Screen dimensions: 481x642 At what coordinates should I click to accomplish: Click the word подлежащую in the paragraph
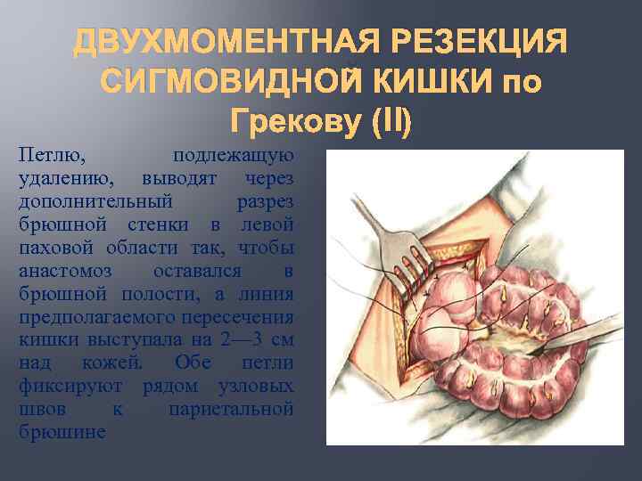(234, 157)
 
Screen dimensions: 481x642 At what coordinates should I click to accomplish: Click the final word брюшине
(62, 433)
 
